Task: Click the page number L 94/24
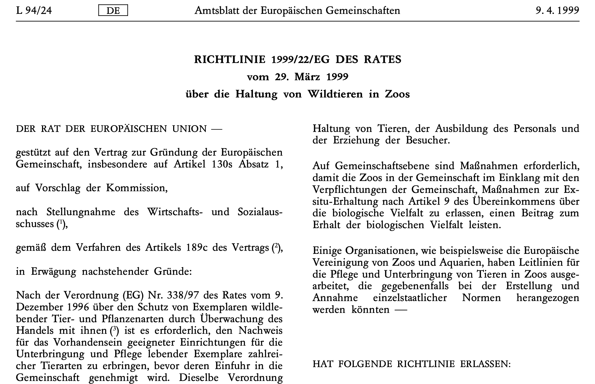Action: pos(34,11)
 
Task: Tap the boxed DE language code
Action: pos(113,11)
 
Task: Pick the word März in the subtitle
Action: pos(307,77)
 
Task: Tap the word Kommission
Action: pos(137,188)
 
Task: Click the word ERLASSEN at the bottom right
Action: pos(485,364)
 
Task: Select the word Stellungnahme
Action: pos(81,212)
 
